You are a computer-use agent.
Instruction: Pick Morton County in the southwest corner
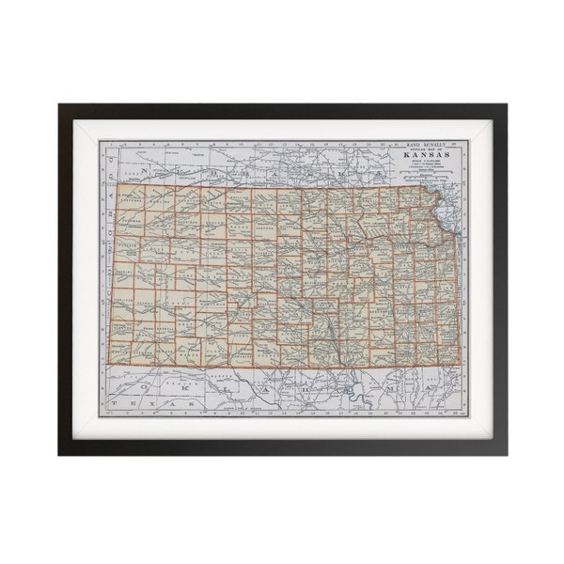121,351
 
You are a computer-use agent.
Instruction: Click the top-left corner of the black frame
59,104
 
